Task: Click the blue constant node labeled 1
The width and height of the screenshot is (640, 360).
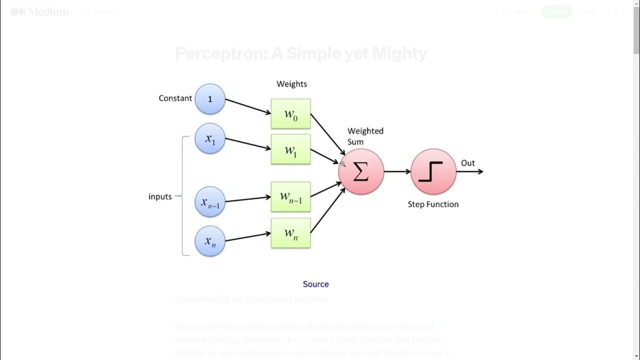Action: [x=210, y=99]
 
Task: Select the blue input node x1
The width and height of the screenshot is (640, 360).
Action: [x=210, y=139]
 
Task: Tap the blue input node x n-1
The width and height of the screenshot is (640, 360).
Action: [x=210, y=201]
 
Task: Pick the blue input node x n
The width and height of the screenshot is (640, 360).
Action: [x=210, y=241]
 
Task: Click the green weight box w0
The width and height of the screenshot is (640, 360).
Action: [x=290, y=114]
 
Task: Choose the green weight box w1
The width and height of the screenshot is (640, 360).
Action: [x=290, y=149]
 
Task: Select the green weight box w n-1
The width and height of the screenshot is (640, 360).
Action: [x=290, y=196]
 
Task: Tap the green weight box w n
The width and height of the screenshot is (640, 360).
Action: [x=290, y=233]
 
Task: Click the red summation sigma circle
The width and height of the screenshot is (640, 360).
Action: [x=361, y=171]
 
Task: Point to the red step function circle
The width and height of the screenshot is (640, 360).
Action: [x=433, y=171]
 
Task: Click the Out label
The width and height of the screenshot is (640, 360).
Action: [x=467, y=163]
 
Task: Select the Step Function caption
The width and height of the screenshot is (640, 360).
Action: [x=433, y=204]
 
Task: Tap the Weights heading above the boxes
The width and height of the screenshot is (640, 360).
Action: [x=291, y=84]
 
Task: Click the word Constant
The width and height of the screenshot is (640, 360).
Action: [x=175, y=98]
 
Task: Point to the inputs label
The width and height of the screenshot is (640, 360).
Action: [x=160, y=196]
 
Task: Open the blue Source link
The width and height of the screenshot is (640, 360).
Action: [x=315, y=284]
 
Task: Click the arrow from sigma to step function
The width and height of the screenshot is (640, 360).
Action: [x=397, y=171]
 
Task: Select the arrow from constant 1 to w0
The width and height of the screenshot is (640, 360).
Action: [x=247, y=106]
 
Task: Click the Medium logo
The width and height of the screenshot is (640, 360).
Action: [x=39, y=11]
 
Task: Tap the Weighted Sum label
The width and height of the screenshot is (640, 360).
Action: [x=365, y=136]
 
